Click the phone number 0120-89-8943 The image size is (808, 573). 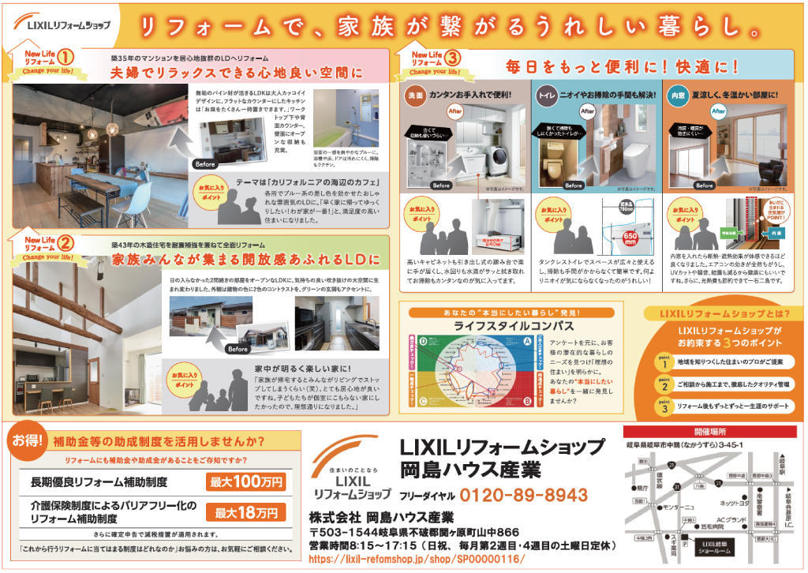[523, 495]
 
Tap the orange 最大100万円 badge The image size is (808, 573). [245, 481]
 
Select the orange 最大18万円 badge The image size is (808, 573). [245, 512]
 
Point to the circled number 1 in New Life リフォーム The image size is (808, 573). [65, 58]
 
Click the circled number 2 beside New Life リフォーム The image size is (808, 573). [65, 242]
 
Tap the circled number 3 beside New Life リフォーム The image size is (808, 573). [453, 58]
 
